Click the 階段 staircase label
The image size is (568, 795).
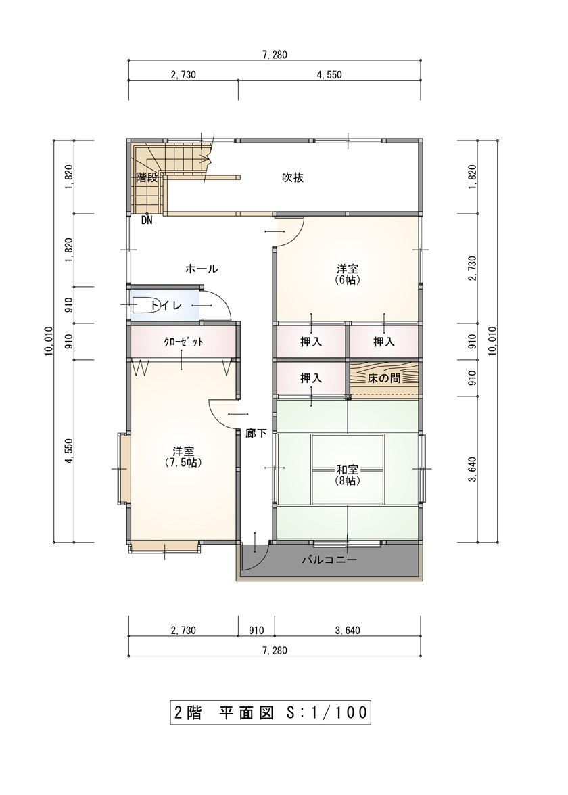[147, 177]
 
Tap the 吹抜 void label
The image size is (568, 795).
[293, 177]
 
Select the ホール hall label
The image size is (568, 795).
[202, 269]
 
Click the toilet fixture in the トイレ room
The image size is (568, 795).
[143, 305]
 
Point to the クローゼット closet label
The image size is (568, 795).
[183, 342]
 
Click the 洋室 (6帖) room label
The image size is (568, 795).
[348, 274]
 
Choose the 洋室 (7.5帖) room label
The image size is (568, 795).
[183, 456]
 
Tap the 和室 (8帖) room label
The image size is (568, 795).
[348, 474]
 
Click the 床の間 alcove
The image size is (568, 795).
[384, 378]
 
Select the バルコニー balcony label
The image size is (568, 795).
[329, 560]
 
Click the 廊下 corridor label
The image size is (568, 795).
[256, 433]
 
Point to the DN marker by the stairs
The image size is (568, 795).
[147, 221]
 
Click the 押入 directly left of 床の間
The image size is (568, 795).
[310, 378]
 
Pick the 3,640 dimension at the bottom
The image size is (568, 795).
[348, 630]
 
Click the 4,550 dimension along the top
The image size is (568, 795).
[329, 75]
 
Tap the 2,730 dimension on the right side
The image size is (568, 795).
[472, 269]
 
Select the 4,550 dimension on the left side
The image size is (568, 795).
[70, 451]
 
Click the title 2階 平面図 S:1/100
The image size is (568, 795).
[270, 712]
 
